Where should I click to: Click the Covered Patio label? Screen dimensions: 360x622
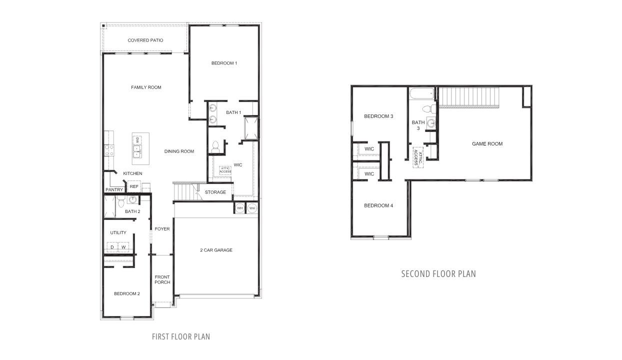pyautogui.click(x=145, y=40)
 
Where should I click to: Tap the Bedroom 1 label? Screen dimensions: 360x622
pyautogui.click(x=224, y=63)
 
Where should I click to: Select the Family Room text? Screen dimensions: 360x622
pyautogui.click(x=146, y=87)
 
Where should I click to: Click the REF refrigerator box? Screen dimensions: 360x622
pyautogui.click(x=133, y=186)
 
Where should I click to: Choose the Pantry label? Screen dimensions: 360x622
pyautogui.click(x=114, y=190)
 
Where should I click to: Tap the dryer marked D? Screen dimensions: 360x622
pyautogui.click(x=112, y=247)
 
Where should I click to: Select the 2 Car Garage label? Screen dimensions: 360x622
pyautogui.click(x=216, y=250)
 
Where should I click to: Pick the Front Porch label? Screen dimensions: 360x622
pyautogui.click(x=162, y=279)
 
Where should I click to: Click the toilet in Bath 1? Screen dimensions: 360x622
pyautogui.click(x=215, y=146)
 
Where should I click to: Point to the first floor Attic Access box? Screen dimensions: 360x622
pyautogui.click(x=225, y=170)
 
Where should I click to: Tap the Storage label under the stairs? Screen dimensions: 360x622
pyautogui.click(x=215, y=192)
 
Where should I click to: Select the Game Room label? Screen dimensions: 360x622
pyautogui.click(x=487, y=144)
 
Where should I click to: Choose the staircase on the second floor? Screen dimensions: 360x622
pyautogui.click(x=469, y=96)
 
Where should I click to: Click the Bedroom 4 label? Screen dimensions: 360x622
pyautogui.click(x=378, y=205)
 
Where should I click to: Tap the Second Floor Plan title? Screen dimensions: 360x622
pyautogui.click(x=438, y=274)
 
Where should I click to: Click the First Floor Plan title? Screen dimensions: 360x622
pyautogui.click(x=181, y=336)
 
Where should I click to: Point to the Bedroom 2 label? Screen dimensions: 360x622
pyautogui.click(x=126, y=293)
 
